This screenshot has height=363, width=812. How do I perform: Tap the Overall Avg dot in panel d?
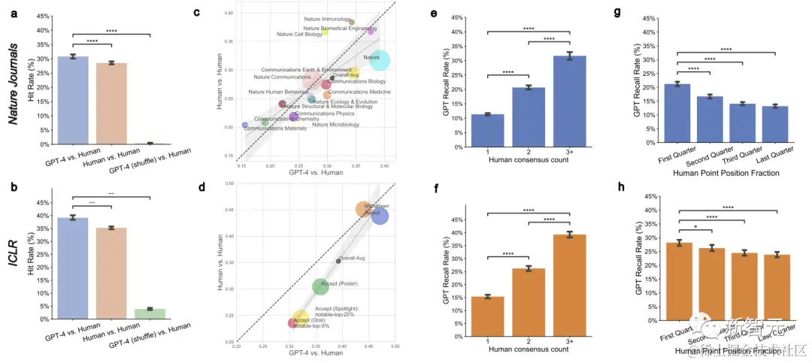tap(338, 261)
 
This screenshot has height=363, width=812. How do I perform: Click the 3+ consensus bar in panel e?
tap(570, 100)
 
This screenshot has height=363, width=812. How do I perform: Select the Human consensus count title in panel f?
tap(529, 349)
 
